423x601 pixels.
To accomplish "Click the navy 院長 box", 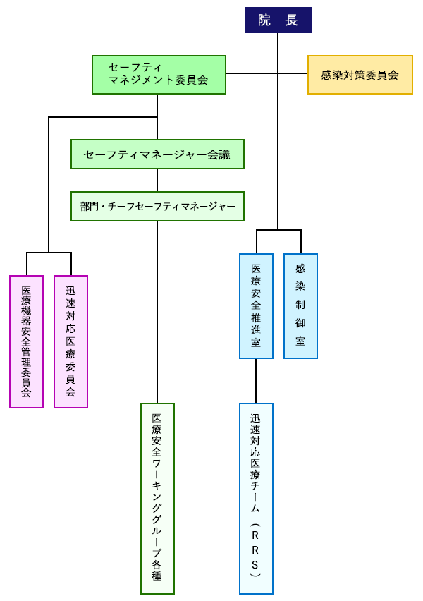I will click(x=278, y=20).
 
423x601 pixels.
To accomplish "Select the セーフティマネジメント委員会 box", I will click(x=159, y=74).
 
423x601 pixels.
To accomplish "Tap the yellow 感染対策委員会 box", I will click(x=360, y=74).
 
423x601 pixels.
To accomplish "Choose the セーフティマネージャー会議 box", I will click(x=157, y=154).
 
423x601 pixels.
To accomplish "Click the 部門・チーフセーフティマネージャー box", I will click(x=157, y=206).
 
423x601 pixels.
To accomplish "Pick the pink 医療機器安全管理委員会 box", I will click(x=26, y=341).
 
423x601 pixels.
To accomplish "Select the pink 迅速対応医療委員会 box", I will click(x=70, y=341).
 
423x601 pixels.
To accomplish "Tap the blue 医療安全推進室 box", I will click(x=256, y=305).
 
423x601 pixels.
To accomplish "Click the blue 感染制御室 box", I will click(x=300, y=305).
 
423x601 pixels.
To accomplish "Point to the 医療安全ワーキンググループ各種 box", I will click(x=157, y=498).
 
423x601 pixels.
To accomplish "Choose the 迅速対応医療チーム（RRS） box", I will click(x=256, y=498).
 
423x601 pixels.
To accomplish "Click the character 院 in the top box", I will click(x=264, y=20).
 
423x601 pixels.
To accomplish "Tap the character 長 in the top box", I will click(x=291, y=20).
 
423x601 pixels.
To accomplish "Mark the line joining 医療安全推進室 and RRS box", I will click(x=256, y=381).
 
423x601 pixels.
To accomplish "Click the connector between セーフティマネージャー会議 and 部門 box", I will click(x=157, y=180).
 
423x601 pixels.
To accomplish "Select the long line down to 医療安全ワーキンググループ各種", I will click(x=157, y=310).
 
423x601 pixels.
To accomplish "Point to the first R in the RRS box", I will click(x=255, y=534).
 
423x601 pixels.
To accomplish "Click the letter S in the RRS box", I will click(x=255, y=565).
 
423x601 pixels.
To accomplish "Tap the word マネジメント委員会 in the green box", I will click(x=158, y=80).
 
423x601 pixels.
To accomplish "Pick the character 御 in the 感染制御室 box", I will click(x=300, y=322).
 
